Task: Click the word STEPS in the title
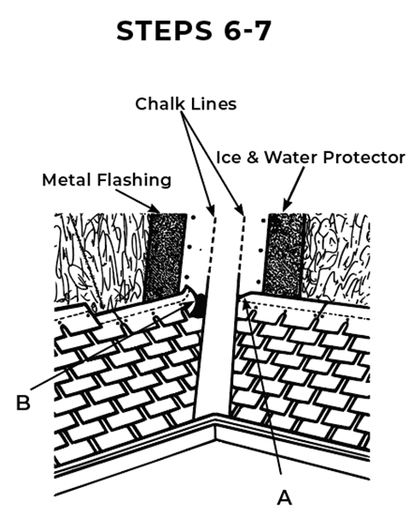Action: point(164,31)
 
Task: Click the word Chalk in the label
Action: point(160,103)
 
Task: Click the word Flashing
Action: point(134,180)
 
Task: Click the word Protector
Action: point(364,157)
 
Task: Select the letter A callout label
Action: point(284,497)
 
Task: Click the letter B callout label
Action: point(23,403)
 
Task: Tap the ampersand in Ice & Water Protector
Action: point(253,157)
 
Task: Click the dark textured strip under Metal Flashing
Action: point(166,256)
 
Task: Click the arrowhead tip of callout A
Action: point(243,300)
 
